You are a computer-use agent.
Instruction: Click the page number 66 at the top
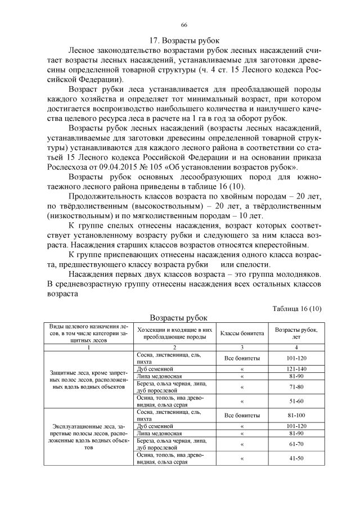(x=184, y=25)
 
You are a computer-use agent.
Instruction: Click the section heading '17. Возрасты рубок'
(x=184, y=40)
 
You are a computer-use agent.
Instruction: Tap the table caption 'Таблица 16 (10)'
(x=296, y=308)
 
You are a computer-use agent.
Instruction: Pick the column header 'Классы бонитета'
(x=242, y=333)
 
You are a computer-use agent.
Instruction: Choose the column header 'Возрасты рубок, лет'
(x=295, y=333)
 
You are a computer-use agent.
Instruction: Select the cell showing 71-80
(x=295, y=387)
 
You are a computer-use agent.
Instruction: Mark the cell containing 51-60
(x=295, y=402)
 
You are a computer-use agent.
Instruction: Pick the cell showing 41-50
(x=295, y=458)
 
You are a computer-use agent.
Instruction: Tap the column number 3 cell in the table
(x=242, y=348)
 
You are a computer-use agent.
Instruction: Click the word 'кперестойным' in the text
(x=278, y=245)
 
